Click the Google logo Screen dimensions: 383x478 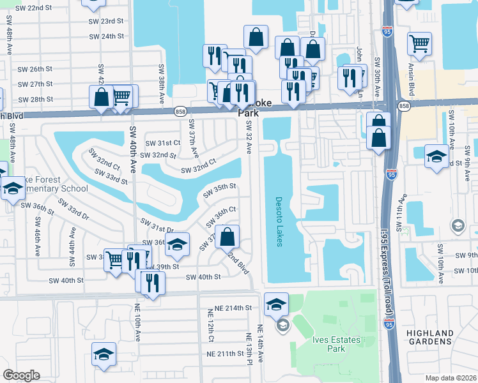[21, 375]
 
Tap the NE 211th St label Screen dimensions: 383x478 [227, 354]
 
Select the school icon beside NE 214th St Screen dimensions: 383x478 [276, 304]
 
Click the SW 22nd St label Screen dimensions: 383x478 [35, 7]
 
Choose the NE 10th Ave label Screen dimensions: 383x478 [137, 324]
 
